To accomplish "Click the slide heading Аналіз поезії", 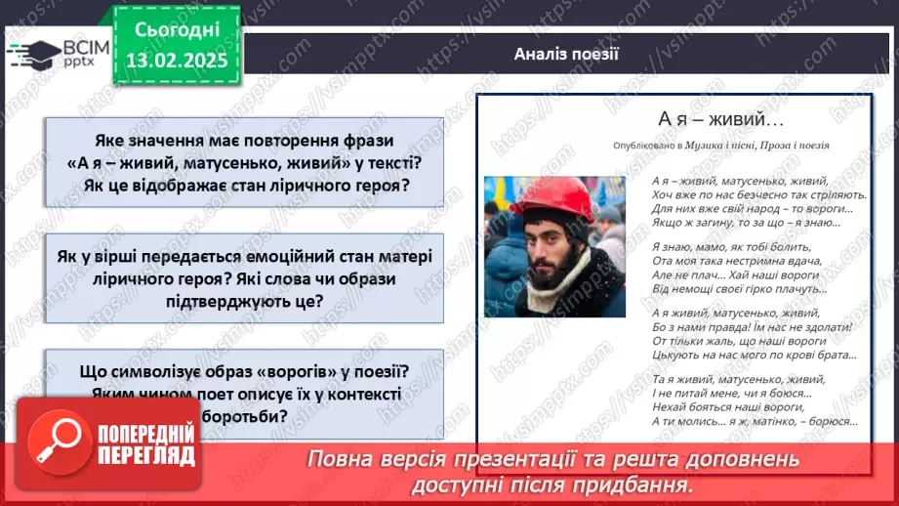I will [x=566, y=54].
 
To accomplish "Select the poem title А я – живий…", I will [x=721, y=119].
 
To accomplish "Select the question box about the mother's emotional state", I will [x=245, y=278].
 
